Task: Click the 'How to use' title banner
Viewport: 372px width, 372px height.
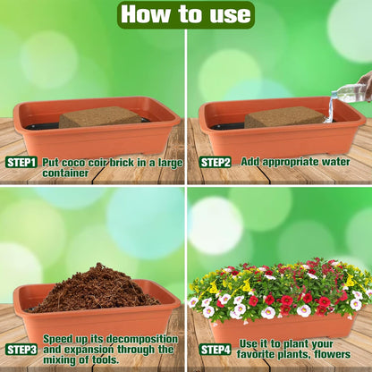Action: [186, 14]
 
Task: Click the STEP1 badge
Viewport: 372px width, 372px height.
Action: [21, 163]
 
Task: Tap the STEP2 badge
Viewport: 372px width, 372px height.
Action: [215, 163]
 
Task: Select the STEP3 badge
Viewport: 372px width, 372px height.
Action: [21, 350]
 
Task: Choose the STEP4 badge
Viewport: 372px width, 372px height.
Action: [215, 350]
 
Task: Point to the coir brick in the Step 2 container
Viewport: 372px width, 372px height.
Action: [283, 117]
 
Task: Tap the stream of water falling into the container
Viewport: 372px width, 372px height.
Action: [329, 109]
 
